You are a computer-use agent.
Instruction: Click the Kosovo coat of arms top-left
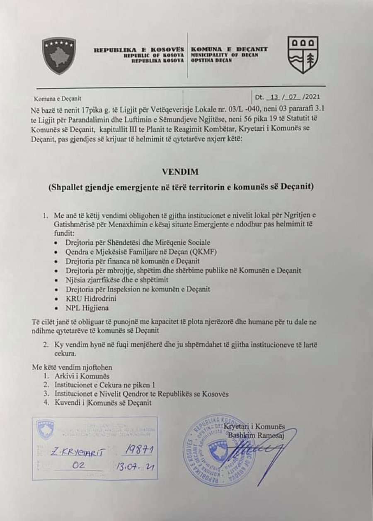tap(59, 55)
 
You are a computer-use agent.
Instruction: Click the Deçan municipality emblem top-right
tap(303, 55)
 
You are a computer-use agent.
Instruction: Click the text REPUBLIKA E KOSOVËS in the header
tap(139, 49)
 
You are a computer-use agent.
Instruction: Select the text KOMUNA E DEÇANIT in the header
tap(229, 49)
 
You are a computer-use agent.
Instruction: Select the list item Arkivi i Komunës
tap(82, 376)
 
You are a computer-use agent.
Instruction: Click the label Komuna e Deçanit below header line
tap(58, 98)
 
